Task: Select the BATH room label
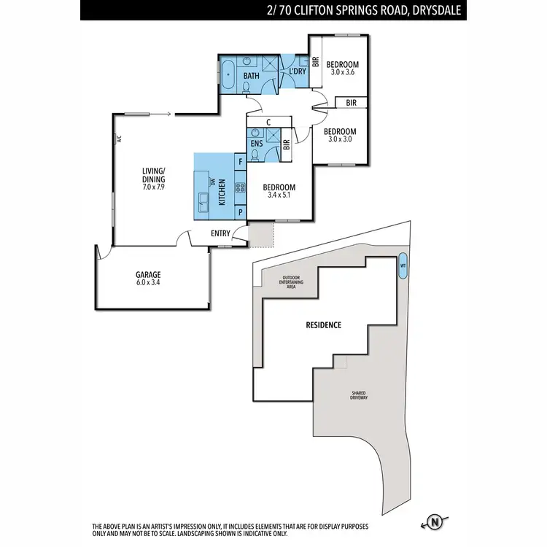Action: tap(251, 76)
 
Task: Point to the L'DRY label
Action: tap(297, 71)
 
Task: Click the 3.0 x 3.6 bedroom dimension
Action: tap(341, 72)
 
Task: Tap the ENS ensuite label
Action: tap(256, 144)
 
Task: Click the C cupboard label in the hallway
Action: tap(269, 122)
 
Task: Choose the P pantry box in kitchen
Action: tap(240, 212)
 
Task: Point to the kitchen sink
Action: tap(203, 198)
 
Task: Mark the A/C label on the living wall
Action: tap(117, 139)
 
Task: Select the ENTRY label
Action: tap(220, 233)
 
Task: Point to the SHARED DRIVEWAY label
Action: tap(357, 397)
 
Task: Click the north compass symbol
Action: tap(435, 522)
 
